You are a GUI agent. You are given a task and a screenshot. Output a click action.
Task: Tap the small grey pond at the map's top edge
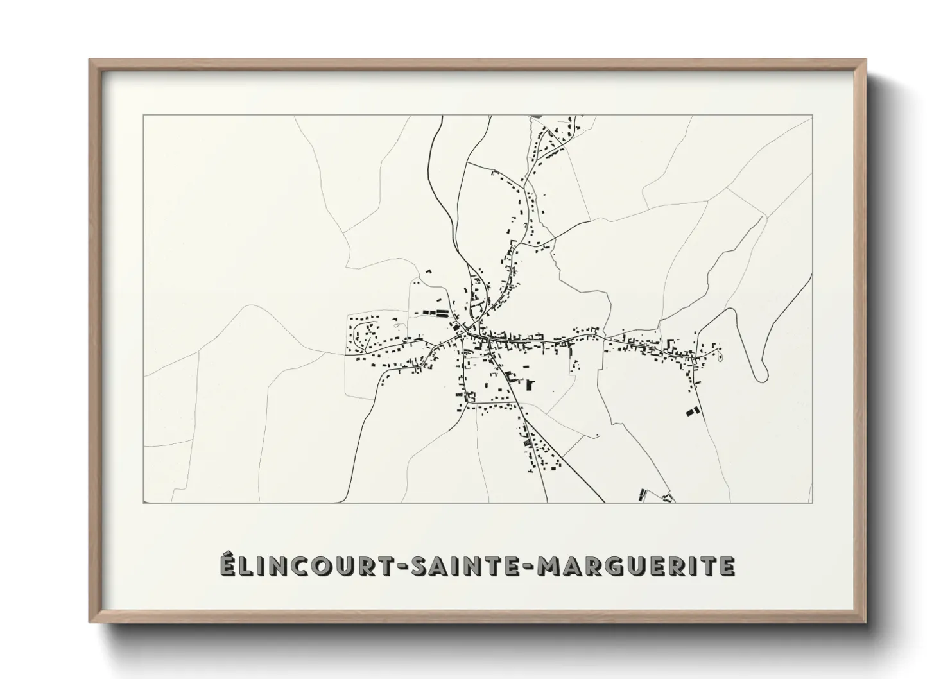(537, 116)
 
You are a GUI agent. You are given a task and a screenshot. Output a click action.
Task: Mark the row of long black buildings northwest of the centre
(436, 314)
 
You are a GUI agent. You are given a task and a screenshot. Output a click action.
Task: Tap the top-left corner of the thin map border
(143, 116)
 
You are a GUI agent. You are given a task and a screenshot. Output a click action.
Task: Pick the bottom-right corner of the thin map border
(813, 503)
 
